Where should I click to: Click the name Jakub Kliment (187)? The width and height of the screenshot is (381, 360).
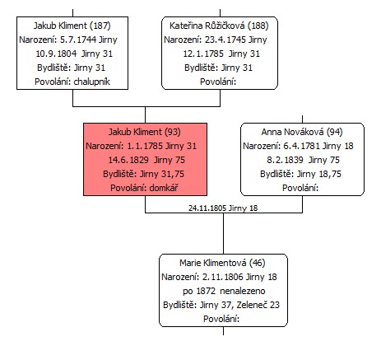(72, 26)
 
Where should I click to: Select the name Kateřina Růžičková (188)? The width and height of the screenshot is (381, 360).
(219, 26)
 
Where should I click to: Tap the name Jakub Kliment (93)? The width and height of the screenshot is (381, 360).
(145, 132)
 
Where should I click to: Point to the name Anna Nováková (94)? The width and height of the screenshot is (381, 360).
(302, 132)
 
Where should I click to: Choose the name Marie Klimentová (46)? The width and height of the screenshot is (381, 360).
(222, 263)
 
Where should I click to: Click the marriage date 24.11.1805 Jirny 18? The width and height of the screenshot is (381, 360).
(223, 208)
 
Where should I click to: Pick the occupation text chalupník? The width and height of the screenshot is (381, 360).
(92, 82)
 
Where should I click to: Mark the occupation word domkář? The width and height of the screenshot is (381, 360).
(164, 188)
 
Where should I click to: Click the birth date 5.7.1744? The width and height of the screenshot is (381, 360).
(78, 40)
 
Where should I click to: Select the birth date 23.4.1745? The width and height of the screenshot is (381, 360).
(225, 40)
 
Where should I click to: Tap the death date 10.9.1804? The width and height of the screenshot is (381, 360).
(56, 54)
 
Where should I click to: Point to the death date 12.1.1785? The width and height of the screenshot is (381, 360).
(203, 54)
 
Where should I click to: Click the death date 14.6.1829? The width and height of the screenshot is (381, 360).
(128, 160)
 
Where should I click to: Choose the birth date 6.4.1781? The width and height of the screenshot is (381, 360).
(301, 146)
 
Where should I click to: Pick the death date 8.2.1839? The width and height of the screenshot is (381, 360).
(285, 160)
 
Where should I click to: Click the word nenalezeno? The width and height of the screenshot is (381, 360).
(243, 291)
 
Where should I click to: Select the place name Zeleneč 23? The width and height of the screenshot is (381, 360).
(258, 305)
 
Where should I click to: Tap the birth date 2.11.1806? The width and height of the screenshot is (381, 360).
(222, 277)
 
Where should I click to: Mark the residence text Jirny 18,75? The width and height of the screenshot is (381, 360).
(319, 174)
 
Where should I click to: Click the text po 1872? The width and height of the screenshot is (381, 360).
(199, 292)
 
